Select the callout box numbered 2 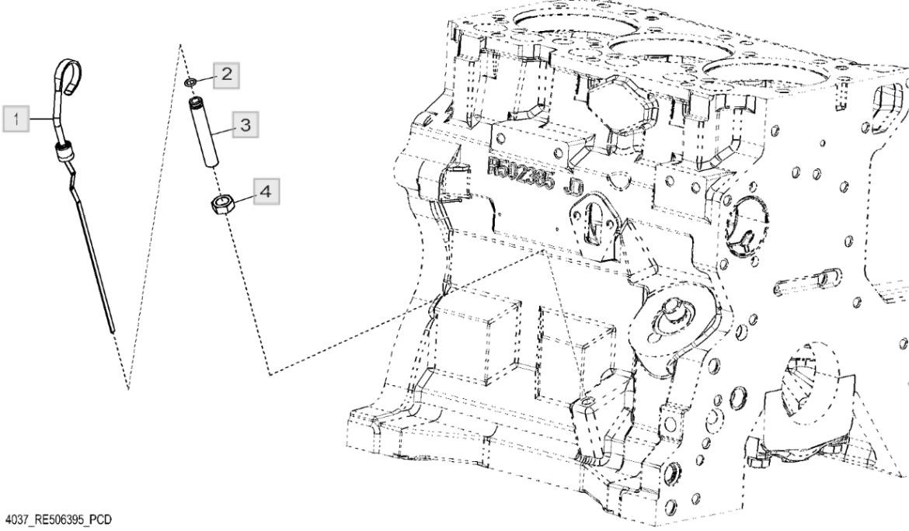tap(225, 75)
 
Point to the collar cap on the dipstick tap(61, 151)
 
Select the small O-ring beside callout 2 tap(190, 82)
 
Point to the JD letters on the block tap(576, 187)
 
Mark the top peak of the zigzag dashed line tap(180, 47)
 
